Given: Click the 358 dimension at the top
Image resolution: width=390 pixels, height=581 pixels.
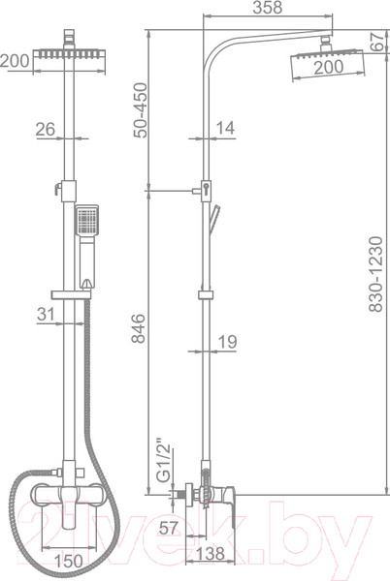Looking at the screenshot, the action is tap(268, 8).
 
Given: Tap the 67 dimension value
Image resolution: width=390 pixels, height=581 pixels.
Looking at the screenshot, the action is tap(377, 42).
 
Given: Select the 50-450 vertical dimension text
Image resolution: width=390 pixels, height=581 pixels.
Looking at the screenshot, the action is tap(141, 110).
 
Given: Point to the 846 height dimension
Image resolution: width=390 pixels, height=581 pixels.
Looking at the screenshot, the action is tap(139, 328).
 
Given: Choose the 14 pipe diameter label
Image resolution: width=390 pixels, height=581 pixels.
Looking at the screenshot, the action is tap(225, 128).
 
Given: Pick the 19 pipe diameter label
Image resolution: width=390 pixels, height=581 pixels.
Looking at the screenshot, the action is tap(227, 341).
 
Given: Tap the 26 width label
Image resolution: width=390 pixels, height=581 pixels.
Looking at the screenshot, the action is tap(46, 129).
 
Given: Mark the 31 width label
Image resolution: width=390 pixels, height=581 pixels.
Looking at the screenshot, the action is tap(46, 314).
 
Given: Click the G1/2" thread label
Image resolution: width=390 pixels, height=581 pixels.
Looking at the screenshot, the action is tap(164, 461).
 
